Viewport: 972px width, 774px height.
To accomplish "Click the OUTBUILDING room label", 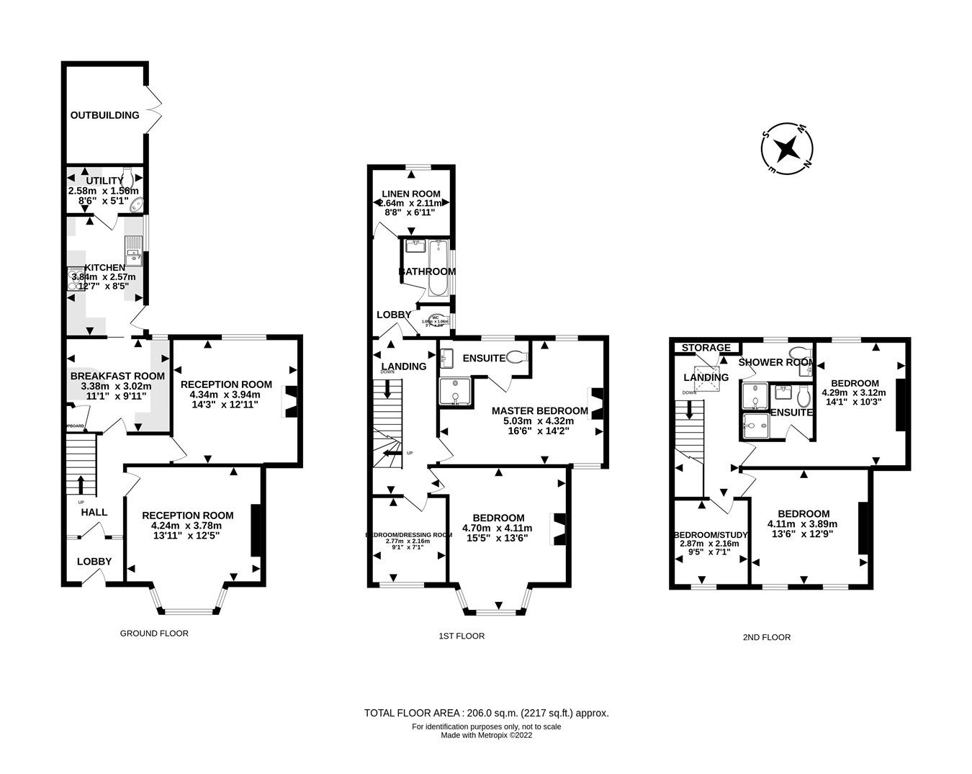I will point(104,115).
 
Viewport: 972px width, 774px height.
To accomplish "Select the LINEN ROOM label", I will point(411,194).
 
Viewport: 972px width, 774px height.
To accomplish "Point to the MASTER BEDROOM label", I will point(539,411).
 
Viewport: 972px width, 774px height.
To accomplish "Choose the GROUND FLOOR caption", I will point(154,634).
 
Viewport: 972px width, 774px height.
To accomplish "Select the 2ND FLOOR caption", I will point(766,637).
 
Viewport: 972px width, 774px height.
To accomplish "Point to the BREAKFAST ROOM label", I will point(117,376).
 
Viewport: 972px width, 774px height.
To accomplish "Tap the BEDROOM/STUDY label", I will point(711,535).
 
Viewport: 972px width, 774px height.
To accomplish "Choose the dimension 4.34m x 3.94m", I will point(225,395).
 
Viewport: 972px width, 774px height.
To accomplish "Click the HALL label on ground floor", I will point(94,513).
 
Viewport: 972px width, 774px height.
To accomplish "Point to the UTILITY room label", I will point(105,181).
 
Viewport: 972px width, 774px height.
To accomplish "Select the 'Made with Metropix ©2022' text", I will point(487,735).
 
